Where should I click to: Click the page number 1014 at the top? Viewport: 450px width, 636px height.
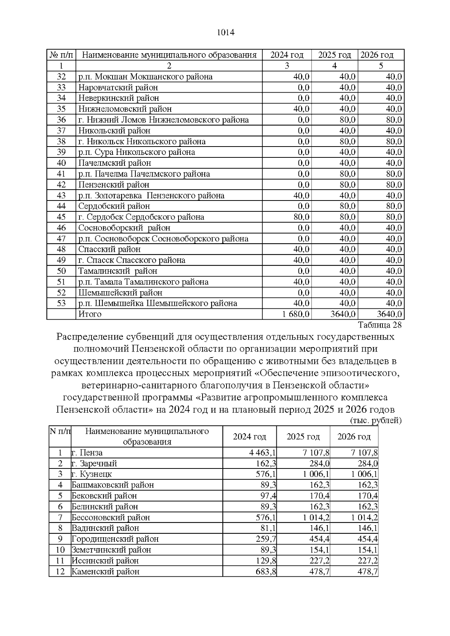pyautogui.click(x=225, y=33)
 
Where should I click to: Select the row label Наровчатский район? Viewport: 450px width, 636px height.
pyautogui.click(x=118, y=87)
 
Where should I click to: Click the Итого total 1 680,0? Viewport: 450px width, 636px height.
pyautogui.click(x=296, y=314)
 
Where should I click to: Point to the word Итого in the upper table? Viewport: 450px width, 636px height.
pyautogui.click(x=90, y=314)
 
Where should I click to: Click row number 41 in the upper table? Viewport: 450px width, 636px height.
pyautogui.click(x=61, y=174)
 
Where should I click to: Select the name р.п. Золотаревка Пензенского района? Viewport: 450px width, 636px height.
pyautogui.click(x=151, y=196)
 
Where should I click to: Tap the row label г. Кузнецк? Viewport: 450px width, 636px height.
pyautogui.click(x=91, y=474)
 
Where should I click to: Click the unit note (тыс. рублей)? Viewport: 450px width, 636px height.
pyautogui.click(x=375, y=421)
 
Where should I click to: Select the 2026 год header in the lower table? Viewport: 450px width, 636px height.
pyautogui.click(x=354, y=437)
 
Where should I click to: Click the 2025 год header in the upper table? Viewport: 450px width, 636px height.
pyautogui.click(x=334, y=55)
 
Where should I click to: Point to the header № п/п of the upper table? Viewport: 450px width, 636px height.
pyautogui.click(x=61, y=55)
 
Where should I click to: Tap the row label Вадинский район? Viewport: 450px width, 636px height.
pyautogui.click(x=105, y=528)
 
